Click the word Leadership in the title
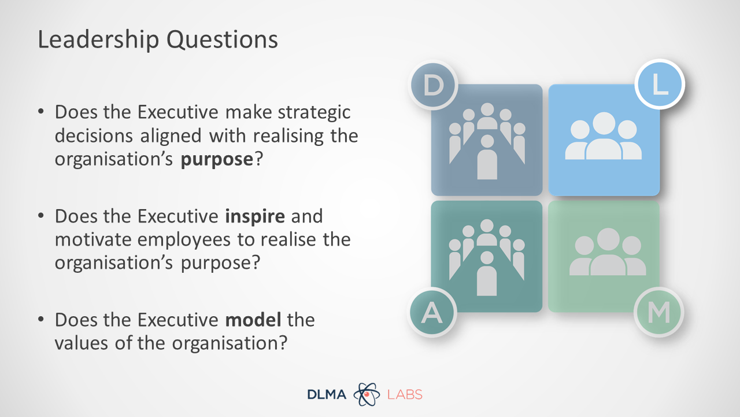click(x=98, y=40)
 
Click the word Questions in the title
click(x=222, y=40)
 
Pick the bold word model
click(x=253, y=320)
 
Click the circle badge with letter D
click(x=433, y=85)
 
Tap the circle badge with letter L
click(x=660, y=84)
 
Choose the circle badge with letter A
click(x=432, y=312)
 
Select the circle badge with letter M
click(x=658, y=312)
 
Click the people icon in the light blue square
click(x=604, y=136)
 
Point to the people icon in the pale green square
click(x=608, y=252)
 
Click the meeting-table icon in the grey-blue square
click(x=487, y=141)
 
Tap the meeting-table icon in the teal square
click(x=487, y=258)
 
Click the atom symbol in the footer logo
click(x=367, y=394)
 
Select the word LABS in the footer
click(x=405, y=394)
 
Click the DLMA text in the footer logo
click(x=327, y=394)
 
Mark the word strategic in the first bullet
click(x=314, y=113)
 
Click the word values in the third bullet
click(x=82, y=343)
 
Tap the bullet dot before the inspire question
click(x=41, y=216)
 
